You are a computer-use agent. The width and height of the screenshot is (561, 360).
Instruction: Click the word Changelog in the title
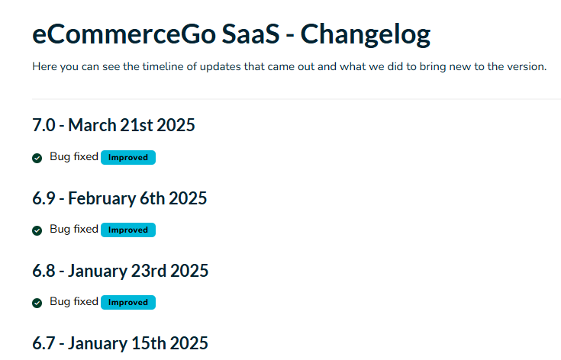[366, 34]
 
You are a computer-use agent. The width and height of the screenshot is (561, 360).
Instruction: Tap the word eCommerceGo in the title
[124, 34]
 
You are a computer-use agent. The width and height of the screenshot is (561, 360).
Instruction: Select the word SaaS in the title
[250, 34]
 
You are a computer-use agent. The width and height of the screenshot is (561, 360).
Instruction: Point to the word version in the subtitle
[526, 67]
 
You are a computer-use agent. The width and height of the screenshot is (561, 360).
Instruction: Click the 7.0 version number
[44, 125]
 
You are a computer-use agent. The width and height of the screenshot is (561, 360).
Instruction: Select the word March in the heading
[92, 125]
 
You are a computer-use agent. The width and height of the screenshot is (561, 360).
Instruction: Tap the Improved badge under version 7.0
[128, 157]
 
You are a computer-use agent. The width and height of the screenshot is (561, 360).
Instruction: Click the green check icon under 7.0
[37, 158]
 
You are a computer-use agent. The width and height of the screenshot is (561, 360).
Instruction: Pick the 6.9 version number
[44, 198]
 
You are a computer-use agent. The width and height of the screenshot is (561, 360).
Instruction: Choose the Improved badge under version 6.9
[128, 230]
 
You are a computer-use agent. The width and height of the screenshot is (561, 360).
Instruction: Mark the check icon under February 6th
[37, 230]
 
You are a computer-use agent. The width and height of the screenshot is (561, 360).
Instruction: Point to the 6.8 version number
[44, 271]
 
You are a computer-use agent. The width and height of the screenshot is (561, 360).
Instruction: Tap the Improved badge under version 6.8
[128, 303]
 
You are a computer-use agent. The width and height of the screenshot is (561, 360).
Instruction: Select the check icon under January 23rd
[37, 303]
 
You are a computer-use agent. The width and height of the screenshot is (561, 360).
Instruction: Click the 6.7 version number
[44, 343]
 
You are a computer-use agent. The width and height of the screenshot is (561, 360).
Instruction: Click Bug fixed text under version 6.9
[74, 230]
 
